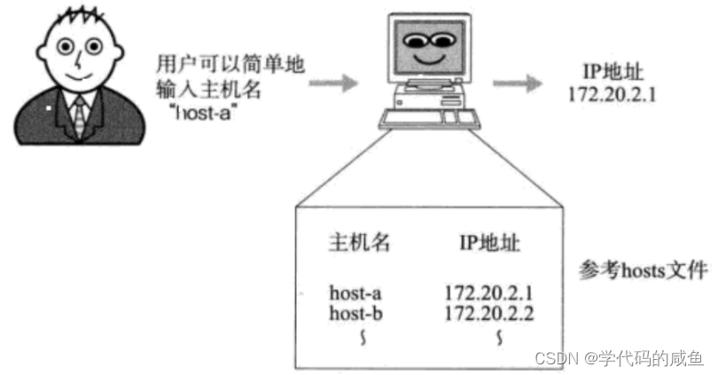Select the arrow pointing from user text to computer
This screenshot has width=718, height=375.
(x=334, y=83)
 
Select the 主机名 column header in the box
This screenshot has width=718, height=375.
(x=359, y=243)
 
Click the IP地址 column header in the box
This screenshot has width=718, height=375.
(x=489, y=243)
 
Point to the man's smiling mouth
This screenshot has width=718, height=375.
(x=79, y=77)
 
